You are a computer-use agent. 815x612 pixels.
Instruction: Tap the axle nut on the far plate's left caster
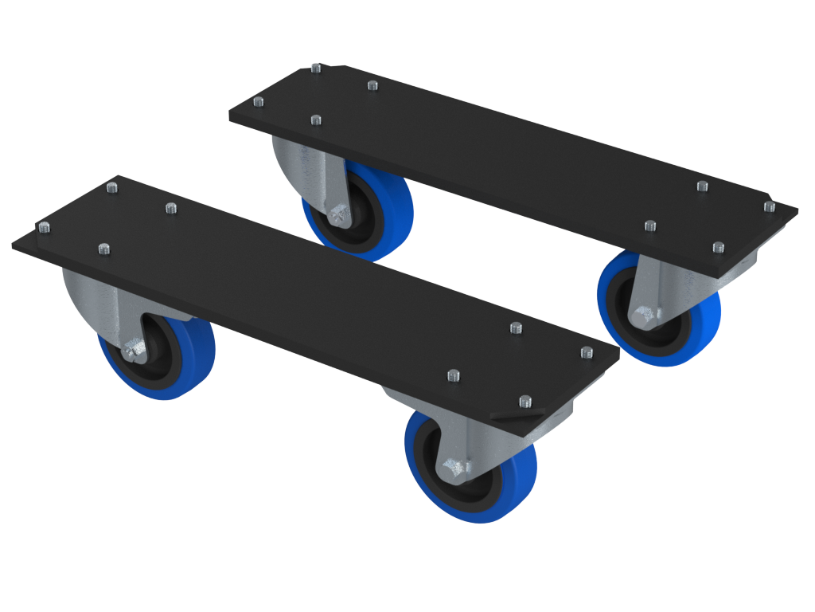tap(337, 214)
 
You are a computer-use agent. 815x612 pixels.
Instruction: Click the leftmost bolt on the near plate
tap(43, 227)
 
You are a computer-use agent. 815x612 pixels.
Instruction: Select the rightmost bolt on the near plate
tap(587, 351)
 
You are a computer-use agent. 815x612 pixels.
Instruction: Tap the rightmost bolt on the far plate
tap(769, 206)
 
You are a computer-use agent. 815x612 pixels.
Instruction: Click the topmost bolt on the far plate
tap(316, 69)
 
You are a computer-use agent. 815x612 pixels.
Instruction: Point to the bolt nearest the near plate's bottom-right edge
tap(524, 401)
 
